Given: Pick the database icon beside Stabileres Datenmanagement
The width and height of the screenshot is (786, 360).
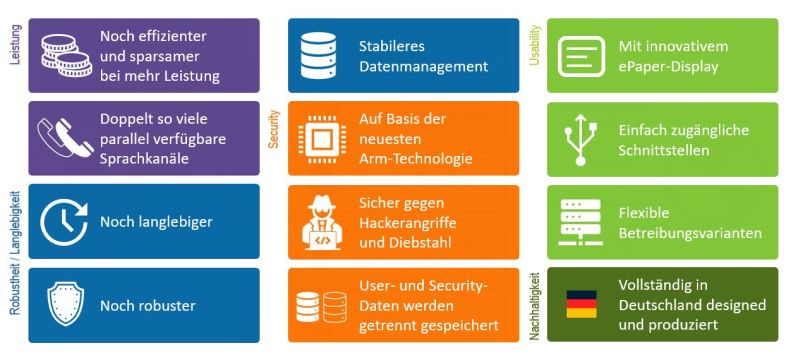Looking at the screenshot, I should click(x=320, y=55).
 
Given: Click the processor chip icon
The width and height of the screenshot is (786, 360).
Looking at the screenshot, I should click(x=320, y=138).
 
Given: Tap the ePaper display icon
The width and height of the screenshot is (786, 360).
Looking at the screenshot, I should click(x=579, y=55).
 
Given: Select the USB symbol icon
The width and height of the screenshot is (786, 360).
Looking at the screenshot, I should click(x=579, y=138).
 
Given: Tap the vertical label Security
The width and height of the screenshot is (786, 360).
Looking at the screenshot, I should click(x=273, y=129).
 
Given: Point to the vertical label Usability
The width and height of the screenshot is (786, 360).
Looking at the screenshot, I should click(x=532, y=46).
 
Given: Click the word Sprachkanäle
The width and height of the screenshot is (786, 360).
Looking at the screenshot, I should click(x=146, y=159).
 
